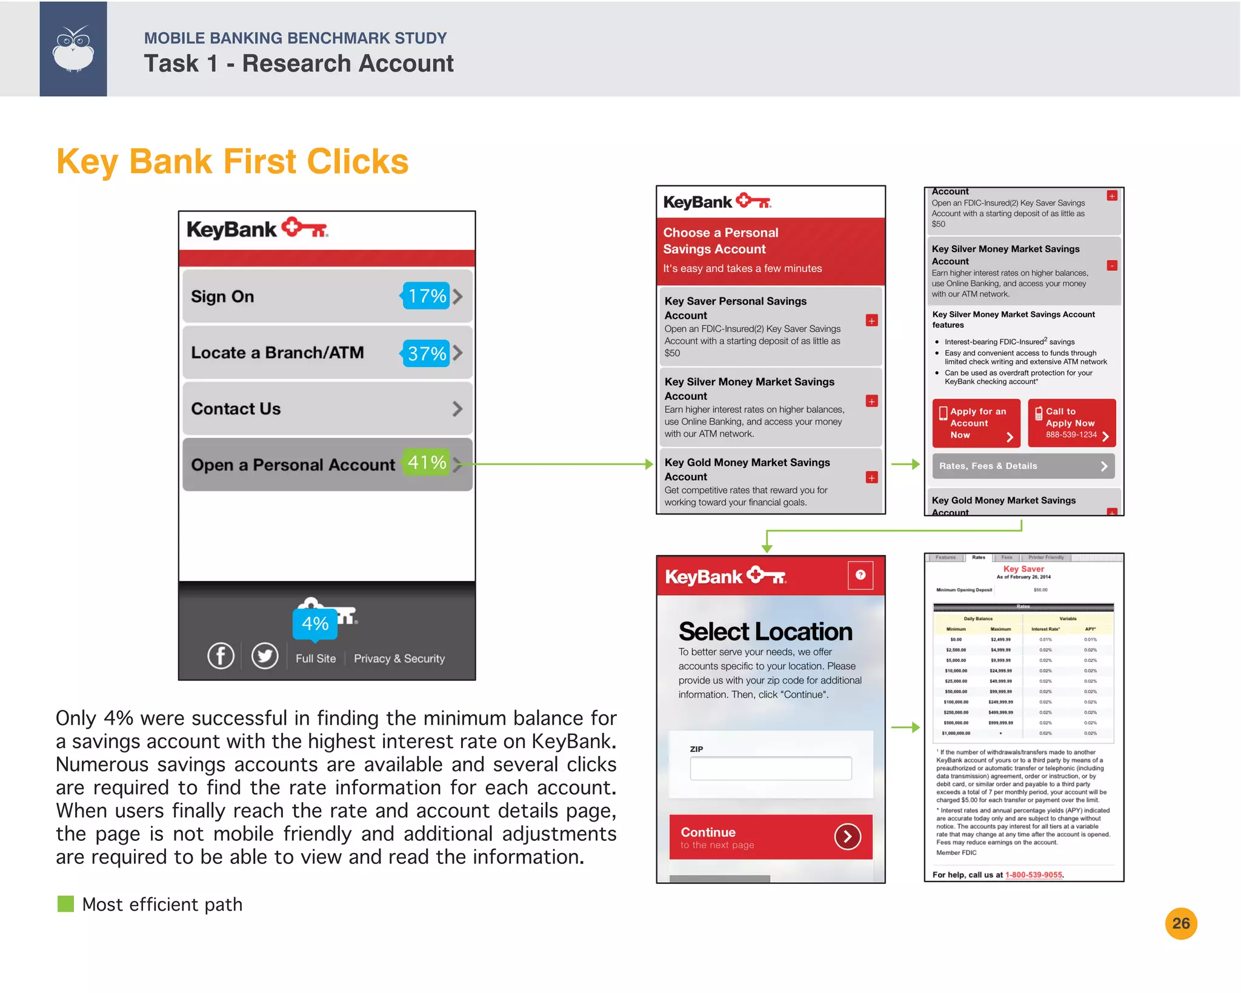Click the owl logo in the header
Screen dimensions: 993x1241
click(x=73, y=49)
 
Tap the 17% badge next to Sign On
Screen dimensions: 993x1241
click(x=426, y=296)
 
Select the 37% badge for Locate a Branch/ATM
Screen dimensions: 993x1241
click(x=426, y=353)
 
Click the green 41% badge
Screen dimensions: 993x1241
click(x=427, y=463)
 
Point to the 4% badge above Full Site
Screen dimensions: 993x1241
click(x=315, y=623)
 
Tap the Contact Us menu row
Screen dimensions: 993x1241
click(x=327, y=409)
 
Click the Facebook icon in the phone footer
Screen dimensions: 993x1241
click(x=221, y=656)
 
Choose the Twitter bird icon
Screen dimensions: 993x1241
click(x=265, y=656)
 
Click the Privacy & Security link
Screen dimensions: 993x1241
click(x=399, y=659)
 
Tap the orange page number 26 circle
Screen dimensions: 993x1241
click(x=1180, y=923)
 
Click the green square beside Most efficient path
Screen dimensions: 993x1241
click(x=65, y=904)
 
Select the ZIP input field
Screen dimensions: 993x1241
click(x=770, y=768)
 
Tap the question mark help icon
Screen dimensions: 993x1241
click(x=860, y=575)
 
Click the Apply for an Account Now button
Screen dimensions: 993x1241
click(x=976, y=423)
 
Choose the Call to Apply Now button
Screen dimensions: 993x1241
click(x=1071, y=423)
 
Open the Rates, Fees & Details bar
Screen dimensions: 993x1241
click(x=1023, y=466)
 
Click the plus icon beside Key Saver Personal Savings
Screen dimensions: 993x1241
click(x=871, y=320)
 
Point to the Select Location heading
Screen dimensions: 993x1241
click(x=765, y=632)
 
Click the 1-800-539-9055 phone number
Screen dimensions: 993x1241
click(x=1033, y=875)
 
